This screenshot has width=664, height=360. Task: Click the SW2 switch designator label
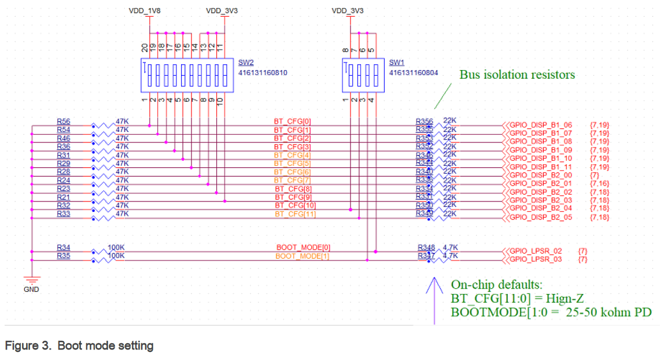click(x=246, y=63)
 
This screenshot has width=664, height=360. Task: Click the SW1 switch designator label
click(x=397, y=63)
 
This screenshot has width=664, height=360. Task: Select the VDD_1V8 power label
click(x=145, y=10)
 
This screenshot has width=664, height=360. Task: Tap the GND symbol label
click(x=32, y=289)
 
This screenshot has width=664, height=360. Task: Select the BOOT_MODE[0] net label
click(x=303, y=248)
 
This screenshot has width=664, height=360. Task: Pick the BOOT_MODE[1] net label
click(x=303, y=256)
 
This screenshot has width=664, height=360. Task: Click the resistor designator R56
click(x=64, y=122)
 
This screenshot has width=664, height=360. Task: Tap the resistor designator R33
click(x=64, y=214)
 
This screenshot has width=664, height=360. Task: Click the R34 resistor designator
click(x=64, y=248)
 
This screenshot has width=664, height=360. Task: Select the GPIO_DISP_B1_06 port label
click(x=541, y=125)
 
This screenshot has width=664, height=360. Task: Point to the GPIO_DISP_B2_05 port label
click(x=541, y=218)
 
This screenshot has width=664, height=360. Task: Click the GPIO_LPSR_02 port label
click(x=536, y=251)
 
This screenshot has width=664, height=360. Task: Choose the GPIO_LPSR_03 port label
click(x=536, y=260)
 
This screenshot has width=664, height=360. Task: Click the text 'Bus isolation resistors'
click(x=517, y=75)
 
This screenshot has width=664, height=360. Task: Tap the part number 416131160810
click(x=263, y=73)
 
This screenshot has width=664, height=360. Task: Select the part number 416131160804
click(x=414, y=73)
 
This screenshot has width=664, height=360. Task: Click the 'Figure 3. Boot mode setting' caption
click(x=80, y=346)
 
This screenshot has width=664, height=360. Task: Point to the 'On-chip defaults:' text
click(x=496, y=285)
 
